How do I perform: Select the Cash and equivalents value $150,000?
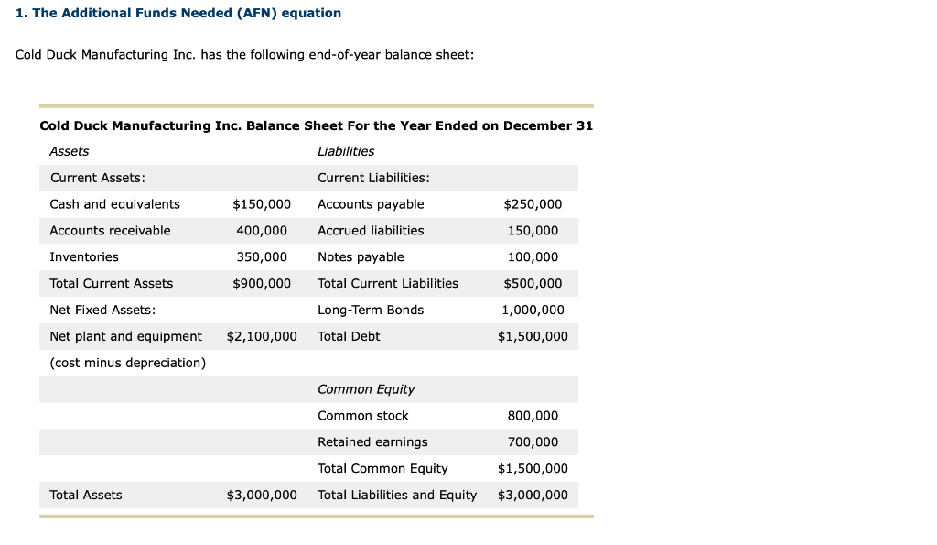(262, 204)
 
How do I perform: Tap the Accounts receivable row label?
(110, 231)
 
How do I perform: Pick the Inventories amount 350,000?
(262, 257)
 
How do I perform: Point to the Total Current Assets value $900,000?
(262, 284)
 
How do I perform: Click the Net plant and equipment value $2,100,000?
(262, 337)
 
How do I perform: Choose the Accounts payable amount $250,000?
(533, 204)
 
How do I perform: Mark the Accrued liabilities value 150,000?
(533, 231)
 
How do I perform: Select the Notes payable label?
(361, 257)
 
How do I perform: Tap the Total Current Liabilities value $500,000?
(533, 284)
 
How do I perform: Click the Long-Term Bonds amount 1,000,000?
(533, 311)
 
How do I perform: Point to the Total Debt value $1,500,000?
(533, 337)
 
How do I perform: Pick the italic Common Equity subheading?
(366, 389)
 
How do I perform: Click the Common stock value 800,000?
(533, 416)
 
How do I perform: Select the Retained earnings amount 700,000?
(533, 442)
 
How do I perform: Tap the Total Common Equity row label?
(382, 469)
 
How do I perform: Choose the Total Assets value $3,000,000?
(262, 496)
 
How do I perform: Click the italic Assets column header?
(70, 151)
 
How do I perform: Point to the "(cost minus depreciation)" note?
(128, 364)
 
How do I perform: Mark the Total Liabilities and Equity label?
(397, 496)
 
